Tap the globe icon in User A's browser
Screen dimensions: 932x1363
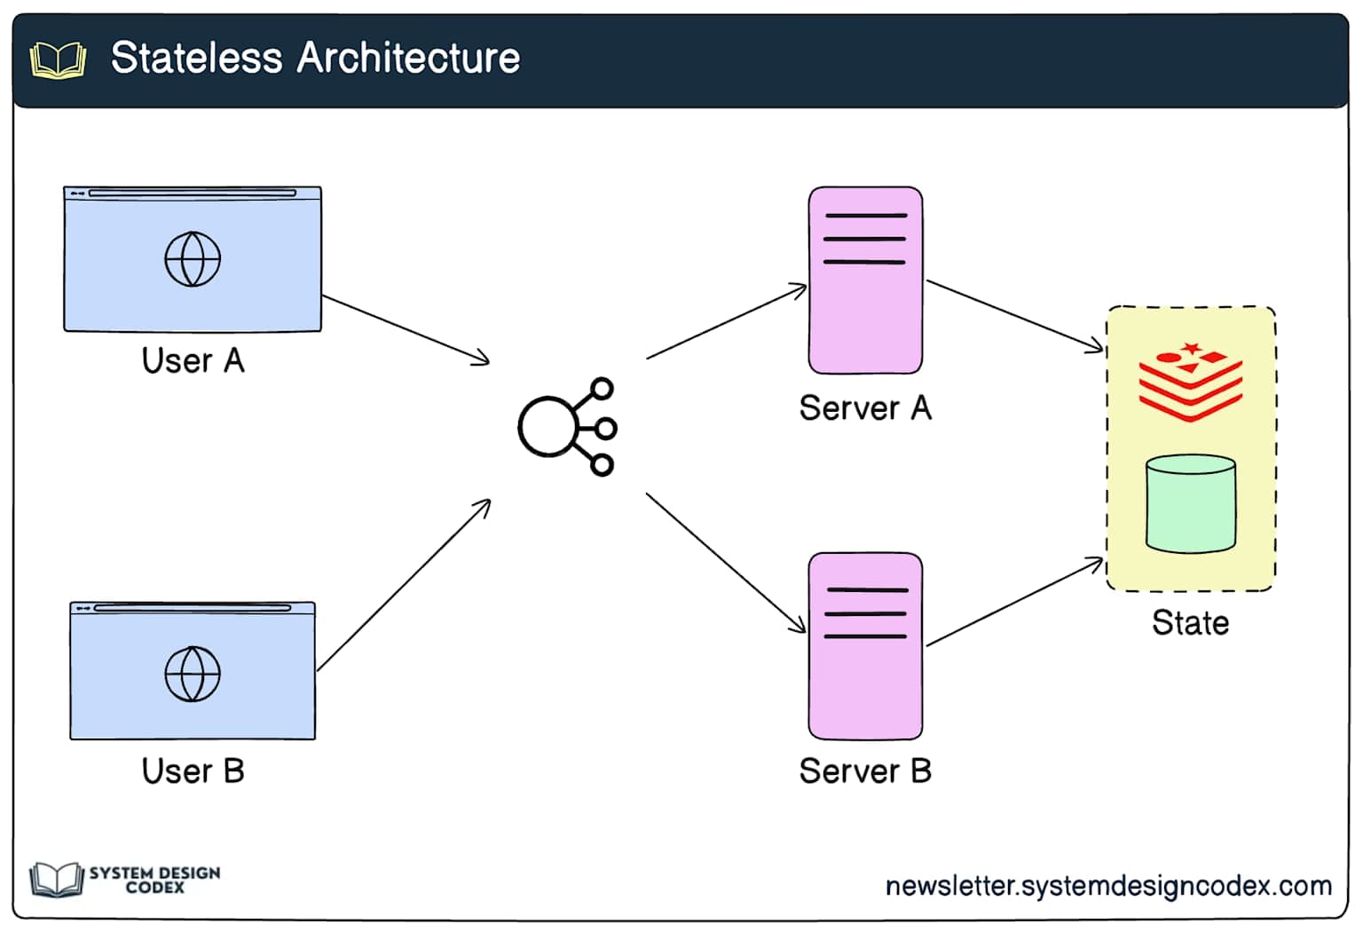click(193, 259)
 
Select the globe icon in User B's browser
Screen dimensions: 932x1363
click(193, 674)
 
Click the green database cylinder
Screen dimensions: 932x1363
click(1190, 503)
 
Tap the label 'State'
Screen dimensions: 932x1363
click(1190, 622)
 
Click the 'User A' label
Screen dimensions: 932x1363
click(193, 360)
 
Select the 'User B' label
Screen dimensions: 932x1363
click(193, 770)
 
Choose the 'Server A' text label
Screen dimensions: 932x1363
click(865, 407)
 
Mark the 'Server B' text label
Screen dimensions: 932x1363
click(865, 770)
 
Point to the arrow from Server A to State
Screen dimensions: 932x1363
click(1014, 316)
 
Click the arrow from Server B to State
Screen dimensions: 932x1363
click(1014, 602)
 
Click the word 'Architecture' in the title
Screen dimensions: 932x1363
click(408, 59)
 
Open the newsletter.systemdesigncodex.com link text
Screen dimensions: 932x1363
click(1108, 885)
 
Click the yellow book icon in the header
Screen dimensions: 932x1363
click(58, 60)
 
